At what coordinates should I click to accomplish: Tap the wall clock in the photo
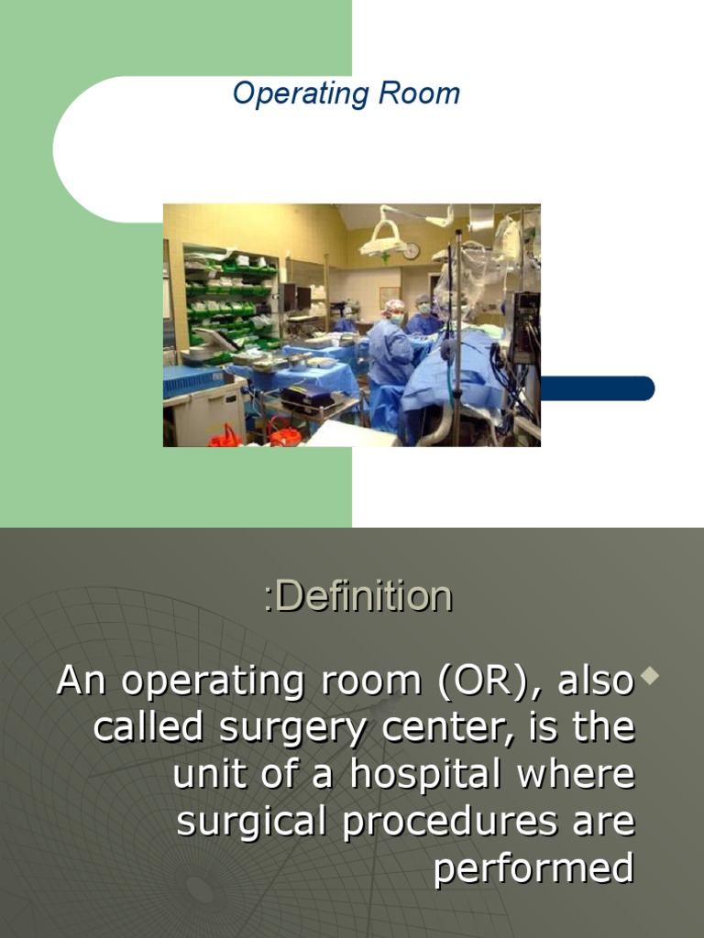tap(412, 250)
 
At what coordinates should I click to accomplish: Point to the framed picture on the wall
tap(390, 297)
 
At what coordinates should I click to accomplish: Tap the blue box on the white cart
tap(193, 380)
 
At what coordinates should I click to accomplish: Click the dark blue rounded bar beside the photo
tap(597, 388)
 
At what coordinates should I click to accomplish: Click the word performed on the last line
tap(533, 867)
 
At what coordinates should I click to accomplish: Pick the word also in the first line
tap(596, 681)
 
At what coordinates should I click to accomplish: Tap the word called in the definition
tap(148, 727)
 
